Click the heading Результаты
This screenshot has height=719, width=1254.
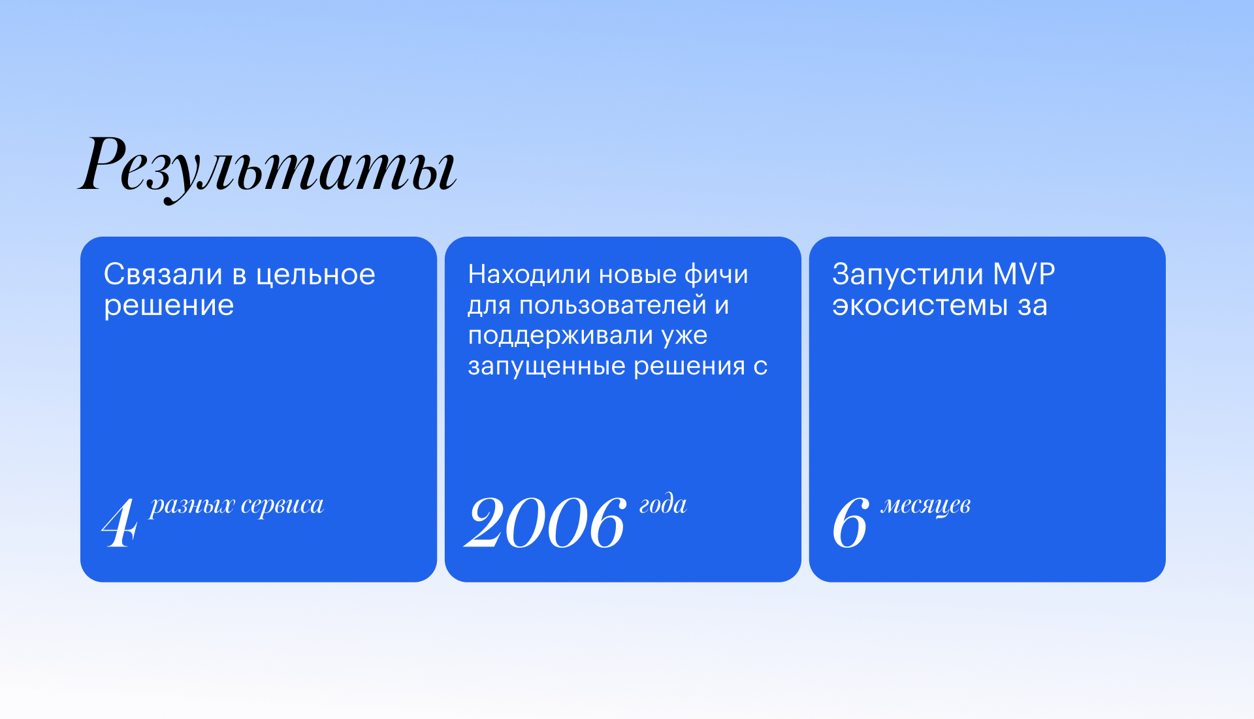[x=267, y=167]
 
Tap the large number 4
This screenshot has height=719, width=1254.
[x=120, y=523]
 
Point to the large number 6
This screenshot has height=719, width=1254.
[x=851, y=522]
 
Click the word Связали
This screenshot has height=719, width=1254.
[x=163, y=275]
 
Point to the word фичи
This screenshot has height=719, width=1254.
[x=716, y=274]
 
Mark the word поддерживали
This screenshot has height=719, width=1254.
[x=560, y=336]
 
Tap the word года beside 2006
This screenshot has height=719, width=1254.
[x=663, y=505]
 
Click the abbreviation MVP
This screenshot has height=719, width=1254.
[x=1024, y=274]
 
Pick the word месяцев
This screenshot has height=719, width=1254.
[x=925, y=505]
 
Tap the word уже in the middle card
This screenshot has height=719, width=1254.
[x=684, y=336]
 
